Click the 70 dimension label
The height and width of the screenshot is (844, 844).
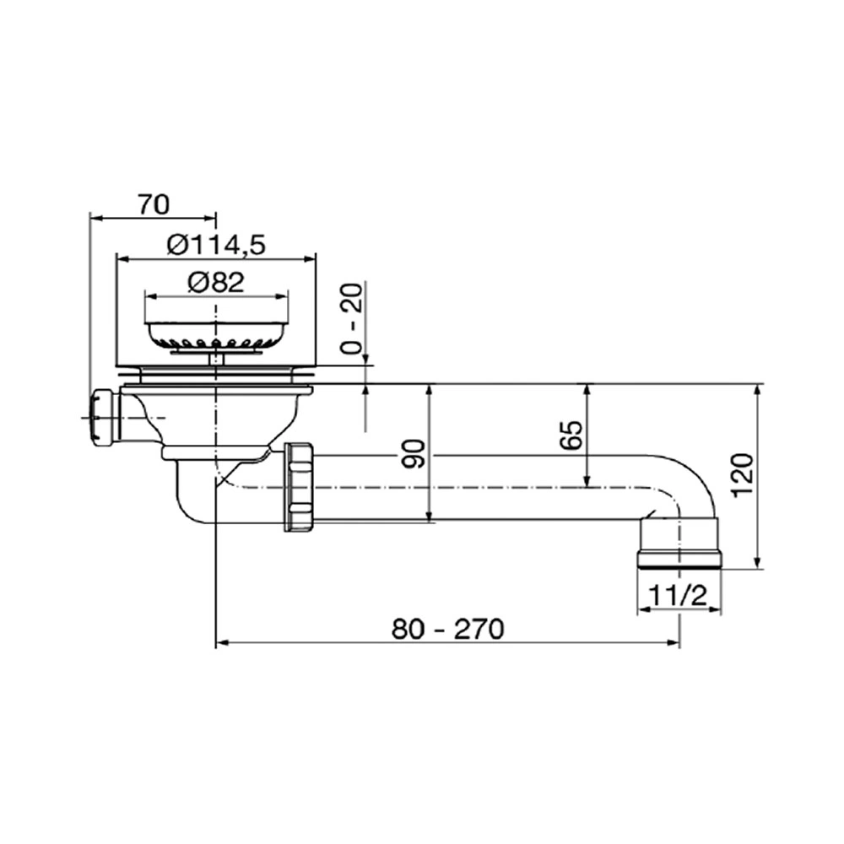(153, 204)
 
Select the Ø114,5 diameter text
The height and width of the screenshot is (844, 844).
(216, 246)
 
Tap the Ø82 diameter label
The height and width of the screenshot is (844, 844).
(216, 282)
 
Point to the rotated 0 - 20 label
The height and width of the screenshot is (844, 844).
(353, 318)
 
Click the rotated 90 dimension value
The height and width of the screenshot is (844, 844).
(414, 454)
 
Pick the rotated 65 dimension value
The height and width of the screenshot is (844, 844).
(571, 435)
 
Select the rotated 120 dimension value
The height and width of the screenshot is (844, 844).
(744, 476)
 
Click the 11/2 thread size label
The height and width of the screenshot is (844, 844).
(677, 596)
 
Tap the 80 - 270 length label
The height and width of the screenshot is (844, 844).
(448, 629)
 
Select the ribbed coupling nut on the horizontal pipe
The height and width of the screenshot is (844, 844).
(299, 487)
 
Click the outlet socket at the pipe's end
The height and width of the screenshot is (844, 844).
(679, 543)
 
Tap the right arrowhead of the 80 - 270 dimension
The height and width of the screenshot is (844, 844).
(674, 642)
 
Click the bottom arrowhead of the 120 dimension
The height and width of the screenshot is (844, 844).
(757, 562)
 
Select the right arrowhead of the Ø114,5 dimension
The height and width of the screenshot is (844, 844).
(310, 259)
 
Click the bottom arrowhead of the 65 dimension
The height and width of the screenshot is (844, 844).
(587, 481)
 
